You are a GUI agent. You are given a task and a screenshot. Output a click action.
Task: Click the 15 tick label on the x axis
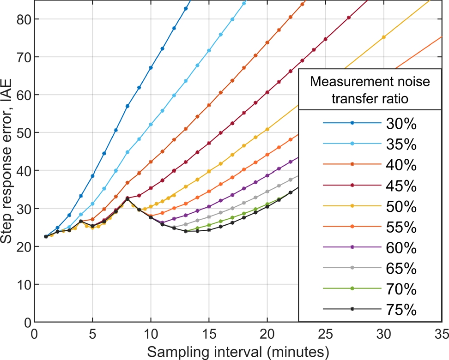(209, 333)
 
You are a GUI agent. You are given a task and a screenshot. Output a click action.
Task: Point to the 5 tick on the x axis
(92, 333)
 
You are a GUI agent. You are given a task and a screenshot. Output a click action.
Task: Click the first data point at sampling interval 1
(46, 236)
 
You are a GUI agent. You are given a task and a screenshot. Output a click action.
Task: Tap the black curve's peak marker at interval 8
(127, 199)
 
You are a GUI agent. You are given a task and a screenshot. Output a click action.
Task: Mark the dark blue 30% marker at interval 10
(151, 68)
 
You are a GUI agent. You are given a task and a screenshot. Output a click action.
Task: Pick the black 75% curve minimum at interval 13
(186, 231)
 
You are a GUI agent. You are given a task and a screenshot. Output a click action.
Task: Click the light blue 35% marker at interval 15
(209, 50)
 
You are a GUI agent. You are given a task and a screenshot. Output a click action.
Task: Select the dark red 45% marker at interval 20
(267, 92)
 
